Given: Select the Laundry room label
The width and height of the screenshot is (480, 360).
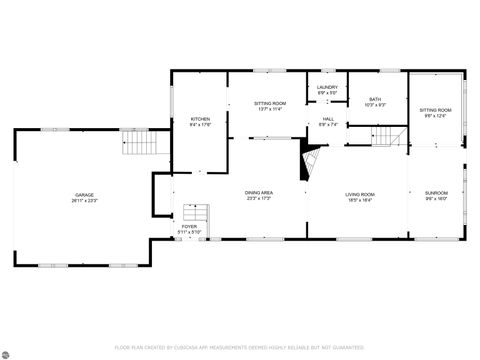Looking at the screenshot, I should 328,87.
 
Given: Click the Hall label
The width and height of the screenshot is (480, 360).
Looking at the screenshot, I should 328,119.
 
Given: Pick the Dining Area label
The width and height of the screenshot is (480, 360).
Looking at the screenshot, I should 259,192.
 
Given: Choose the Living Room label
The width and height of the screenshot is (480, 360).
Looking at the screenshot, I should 360,194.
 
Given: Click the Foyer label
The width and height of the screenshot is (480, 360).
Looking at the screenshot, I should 189,227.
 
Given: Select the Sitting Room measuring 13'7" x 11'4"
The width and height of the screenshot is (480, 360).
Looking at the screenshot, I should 270,103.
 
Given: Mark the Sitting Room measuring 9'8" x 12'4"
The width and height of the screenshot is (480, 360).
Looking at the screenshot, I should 435,110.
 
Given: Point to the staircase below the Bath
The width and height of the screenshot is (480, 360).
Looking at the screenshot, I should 386,134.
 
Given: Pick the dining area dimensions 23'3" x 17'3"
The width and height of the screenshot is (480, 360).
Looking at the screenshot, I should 259,198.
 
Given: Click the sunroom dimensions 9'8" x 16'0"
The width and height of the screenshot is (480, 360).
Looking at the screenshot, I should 436,198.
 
